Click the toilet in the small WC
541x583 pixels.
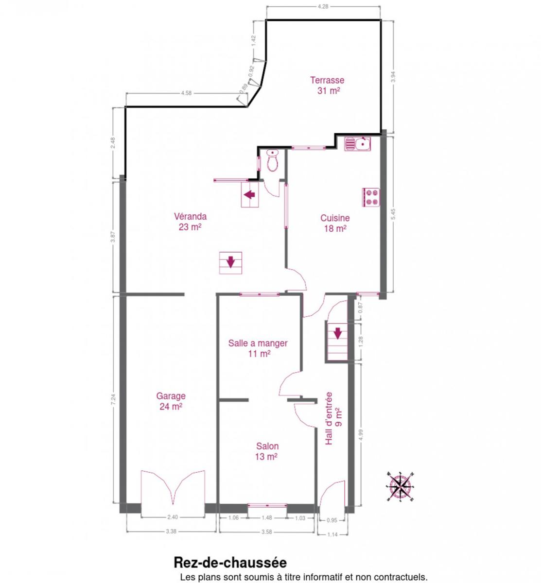click(x=272, y=161)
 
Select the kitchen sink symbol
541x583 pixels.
click(x=357, y=144)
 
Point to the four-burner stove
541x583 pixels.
click(x=371, y=197)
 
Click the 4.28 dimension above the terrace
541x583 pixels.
click(x=323, y=6)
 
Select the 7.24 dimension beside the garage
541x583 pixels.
click(x=114, y=399)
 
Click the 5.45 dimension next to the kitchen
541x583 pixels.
click(x=393, y=214)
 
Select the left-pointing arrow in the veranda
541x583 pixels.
click(x=249, y=194)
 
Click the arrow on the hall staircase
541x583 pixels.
click(x=337, y=333)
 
